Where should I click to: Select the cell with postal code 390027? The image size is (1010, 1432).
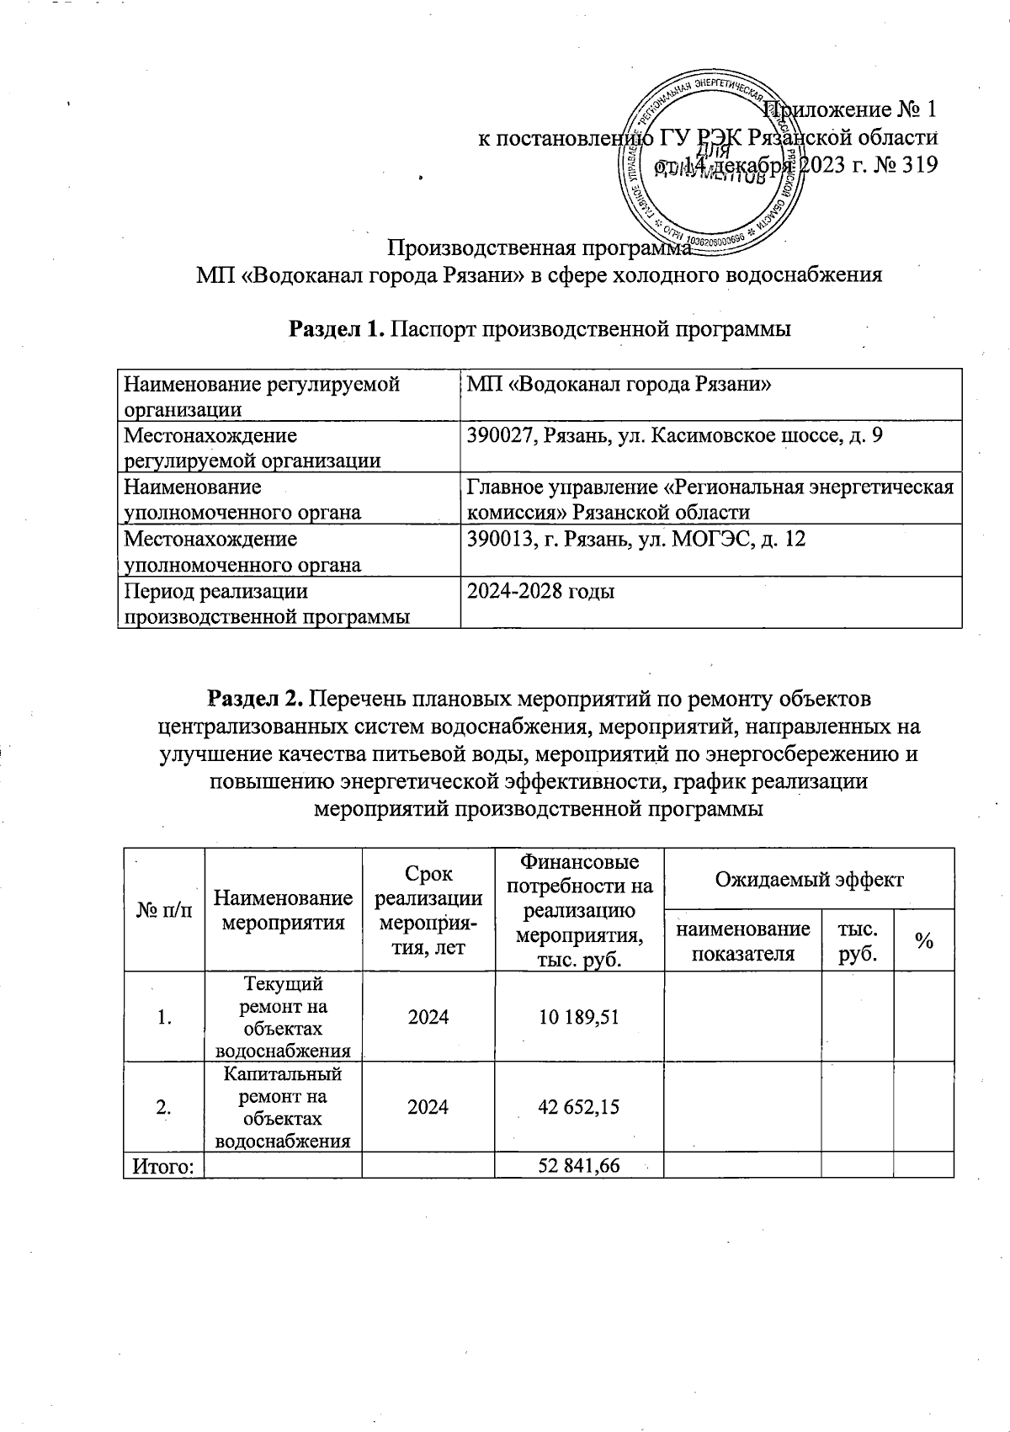(x=675, y=436)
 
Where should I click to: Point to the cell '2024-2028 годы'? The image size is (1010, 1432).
(x=541, y=591)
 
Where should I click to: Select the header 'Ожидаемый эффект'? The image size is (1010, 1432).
(x=808, y=880)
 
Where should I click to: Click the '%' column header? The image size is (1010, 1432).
(x=923, y=942)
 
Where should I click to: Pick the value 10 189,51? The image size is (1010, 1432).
(x=578, y=1016)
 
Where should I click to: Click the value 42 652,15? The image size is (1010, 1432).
(x=578, y=1106)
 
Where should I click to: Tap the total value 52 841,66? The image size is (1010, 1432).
(x=578, y=1165)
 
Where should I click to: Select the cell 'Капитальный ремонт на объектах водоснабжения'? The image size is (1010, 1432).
(x=283, y=1106)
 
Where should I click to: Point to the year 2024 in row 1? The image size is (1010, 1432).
(x=428, y=1016)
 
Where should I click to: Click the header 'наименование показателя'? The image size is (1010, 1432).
(x=742, y=940)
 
